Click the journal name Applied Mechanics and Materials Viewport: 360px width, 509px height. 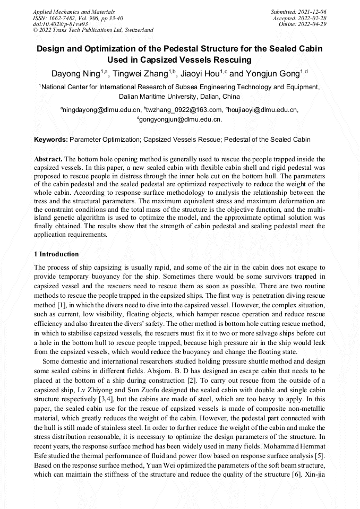(74, 11)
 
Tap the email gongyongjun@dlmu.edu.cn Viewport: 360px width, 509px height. (181, 119)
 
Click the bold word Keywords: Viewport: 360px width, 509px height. (51, 140)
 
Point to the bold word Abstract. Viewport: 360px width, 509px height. (48, 159)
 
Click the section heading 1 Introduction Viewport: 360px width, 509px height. (56, 254)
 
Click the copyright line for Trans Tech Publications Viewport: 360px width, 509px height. (93, 30)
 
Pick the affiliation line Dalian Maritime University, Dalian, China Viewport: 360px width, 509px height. (179, 97)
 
